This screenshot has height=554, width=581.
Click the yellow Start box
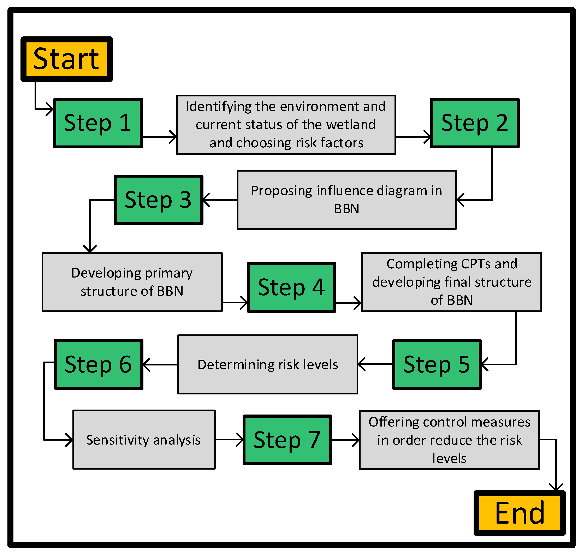(x=66, y=59)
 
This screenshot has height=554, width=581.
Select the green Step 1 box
(x=98, y=123)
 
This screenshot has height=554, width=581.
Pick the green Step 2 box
(x=475, y=123)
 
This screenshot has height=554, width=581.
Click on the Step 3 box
(x=158, y=200)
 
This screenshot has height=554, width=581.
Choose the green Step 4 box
(x=291, y=287)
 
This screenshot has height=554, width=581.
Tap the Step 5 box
(x=437, y=364)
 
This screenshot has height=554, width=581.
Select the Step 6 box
(x=98, y=364)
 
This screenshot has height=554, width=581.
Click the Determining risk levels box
(x=268, y=364)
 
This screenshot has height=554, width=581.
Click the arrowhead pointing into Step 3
(x=206, y=200)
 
